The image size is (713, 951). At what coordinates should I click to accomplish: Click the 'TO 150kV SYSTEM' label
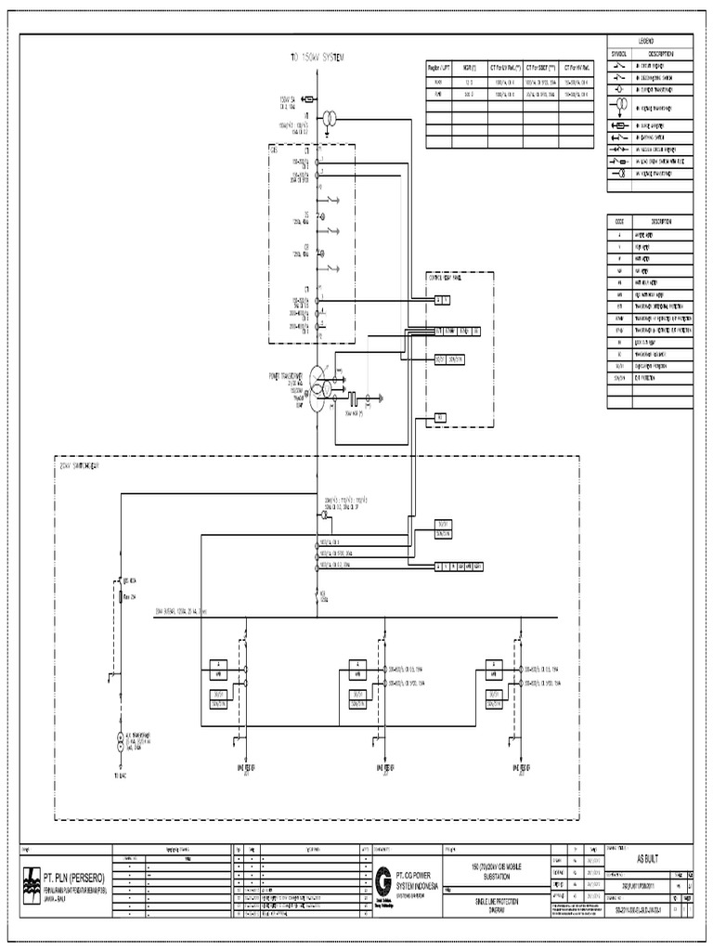click(x=317, y=58)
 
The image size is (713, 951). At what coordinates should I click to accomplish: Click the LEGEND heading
click(x=644, y=42)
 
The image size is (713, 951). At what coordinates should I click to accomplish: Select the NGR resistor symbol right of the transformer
click(x=356, y=400)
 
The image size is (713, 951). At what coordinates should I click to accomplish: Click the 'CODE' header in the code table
click(x=619, y=221)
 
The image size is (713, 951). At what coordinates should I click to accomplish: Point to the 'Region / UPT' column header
click(x=439, y=68)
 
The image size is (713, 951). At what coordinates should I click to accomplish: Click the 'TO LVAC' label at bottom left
click(x=119, y=775)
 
